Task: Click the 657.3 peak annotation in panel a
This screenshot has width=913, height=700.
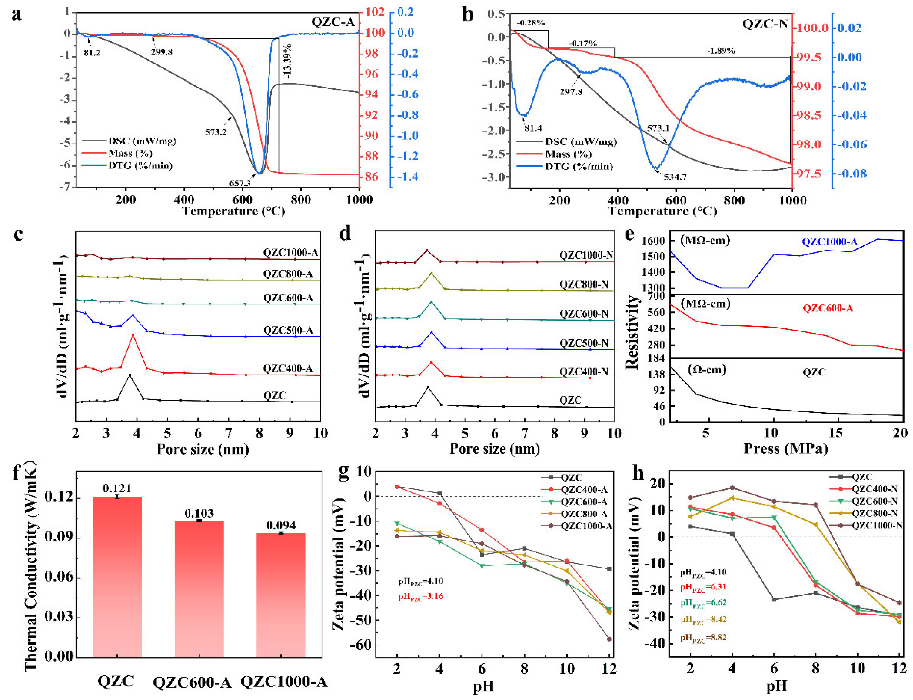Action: coord(240,183)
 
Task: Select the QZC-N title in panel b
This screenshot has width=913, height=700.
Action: coord(765,23)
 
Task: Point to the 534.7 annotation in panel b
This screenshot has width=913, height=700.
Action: coord(675,177)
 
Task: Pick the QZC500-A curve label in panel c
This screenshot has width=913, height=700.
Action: coord(288,331)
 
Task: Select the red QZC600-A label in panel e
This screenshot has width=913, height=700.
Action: coord(828,308)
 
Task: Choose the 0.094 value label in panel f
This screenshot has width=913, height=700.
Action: coord(281,525)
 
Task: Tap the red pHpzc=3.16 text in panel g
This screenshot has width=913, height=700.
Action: coord(420,597)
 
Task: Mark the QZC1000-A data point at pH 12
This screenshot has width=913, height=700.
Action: coord(609,639)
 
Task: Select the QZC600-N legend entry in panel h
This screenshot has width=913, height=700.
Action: coord(874,501)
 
